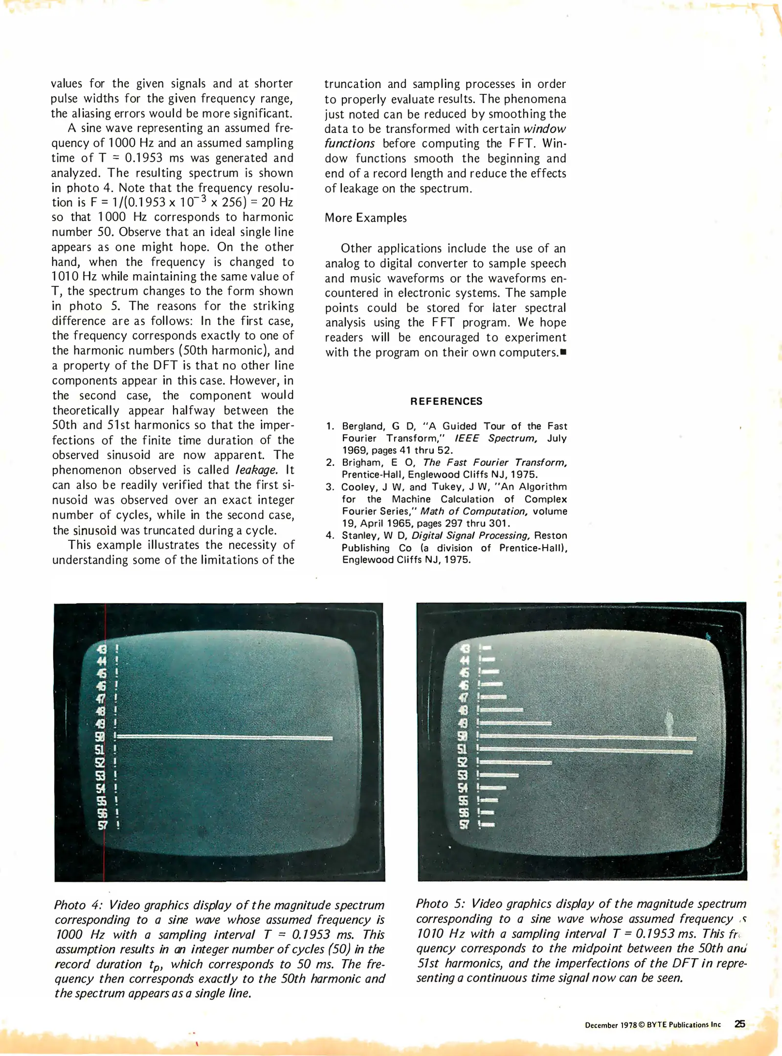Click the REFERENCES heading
pos(446,401)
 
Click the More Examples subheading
pos(365,218)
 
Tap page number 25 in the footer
pos(739,1024)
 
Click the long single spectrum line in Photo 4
pos(225,737)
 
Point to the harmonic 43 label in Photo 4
pos(102,649)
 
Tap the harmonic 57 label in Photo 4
pos(102,825)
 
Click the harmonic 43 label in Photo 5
pos(465,649)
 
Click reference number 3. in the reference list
pos(330,487)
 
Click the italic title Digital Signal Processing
pos(471,535)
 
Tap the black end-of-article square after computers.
pos(563,352)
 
